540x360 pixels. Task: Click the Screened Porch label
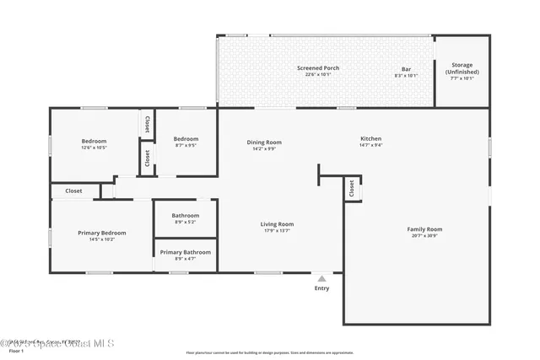coord(317,67)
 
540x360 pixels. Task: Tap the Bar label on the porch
coord(406,67)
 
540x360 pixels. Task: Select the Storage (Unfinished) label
coord(462,68)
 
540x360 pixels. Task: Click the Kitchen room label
coord(371,138)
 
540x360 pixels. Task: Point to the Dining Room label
coord(264,142)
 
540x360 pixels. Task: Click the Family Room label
coord(424,229)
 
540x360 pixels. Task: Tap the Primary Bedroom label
coord(102,233)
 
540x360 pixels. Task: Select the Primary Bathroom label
coord(186,252)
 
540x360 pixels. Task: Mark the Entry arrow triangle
coord(321,278)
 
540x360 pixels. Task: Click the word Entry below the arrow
coord(321,288)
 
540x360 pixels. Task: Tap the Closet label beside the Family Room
coord(350,190)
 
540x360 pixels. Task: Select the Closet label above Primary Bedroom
coord(74,191)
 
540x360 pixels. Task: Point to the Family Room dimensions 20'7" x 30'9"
coord(424,235)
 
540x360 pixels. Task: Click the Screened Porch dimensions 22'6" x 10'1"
coord(317,74)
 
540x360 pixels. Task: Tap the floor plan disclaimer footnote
coord(270,352)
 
